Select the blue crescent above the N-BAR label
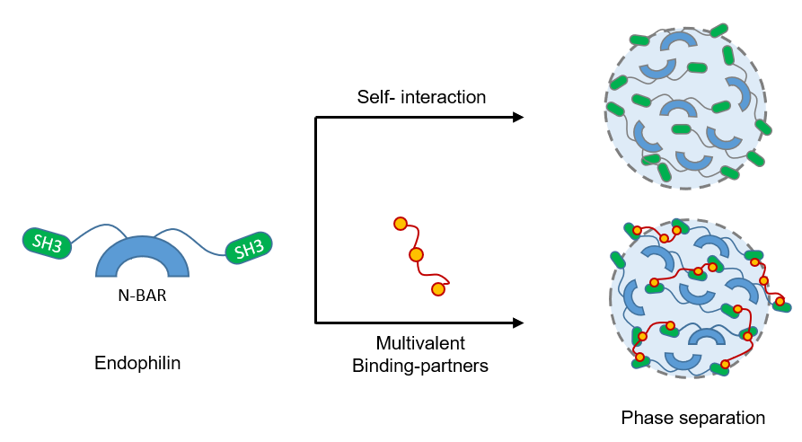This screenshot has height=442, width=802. (x=143, y=254)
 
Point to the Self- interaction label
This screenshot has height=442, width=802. (x=420, y=96)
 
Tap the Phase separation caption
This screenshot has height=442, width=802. (x=692, y=418)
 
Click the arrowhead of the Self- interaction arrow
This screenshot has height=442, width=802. (x=517, y=117)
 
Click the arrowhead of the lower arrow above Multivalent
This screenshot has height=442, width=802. (x=517, y=322)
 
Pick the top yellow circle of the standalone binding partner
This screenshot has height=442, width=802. (x=401, y=224)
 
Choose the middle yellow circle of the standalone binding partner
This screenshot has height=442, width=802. (x=416, y=255)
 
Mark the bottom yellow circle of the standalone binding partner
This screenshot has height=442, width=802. (x=438, y=288)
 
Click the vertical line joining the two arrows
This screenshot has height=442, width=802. (x=315, y=219)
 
